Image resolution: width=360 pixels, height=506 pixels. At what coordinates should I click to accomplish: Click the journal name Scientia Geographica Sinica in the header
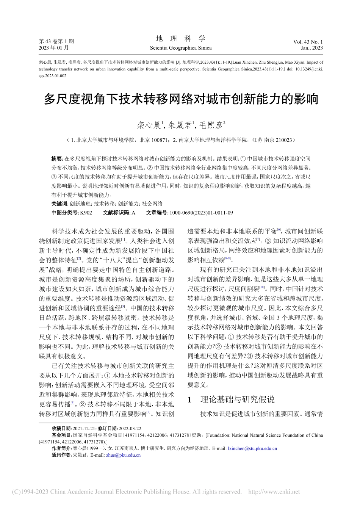[x=181, y=48]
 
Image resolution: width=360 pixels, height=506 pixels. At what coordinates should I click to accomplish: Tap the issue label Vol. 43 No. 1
[x=308, y=42]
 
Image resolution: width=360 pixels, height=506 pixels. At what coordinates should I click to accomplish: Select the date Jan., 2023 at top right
[x=312, y=48]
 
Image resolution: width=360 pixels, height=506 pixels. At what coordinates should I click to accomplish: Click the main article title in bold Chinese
[x=181, y=99]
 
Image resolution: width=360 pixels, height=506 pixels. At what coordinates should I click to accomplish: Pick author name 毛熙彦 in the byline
[x=211, y=125]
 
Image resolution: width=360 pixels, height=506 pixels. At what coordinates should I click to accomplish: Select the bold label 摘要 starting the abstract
[x=57, y=159]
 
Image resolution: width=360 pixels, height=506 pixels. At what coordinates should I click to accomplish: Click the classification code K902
[x=86, y=213]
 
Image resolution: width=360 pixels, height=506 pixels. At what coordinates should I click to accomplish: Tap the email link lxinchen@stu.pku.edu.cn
[x=252, y=448]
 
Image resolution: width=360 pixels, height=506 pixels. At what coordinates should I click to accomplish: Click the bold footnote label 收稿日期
[x=61, y=428]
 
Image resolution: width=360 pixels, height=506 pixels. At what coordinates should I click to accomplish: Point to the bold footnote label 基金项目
[x=61, y=435]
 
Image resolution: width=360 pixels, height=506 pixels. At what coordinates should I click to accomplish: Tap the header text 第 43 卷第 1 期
[x=56, y=41]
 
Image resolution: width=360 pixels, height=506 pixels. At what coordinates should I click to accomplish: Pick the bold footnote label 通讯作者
[x=61, y=455]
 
